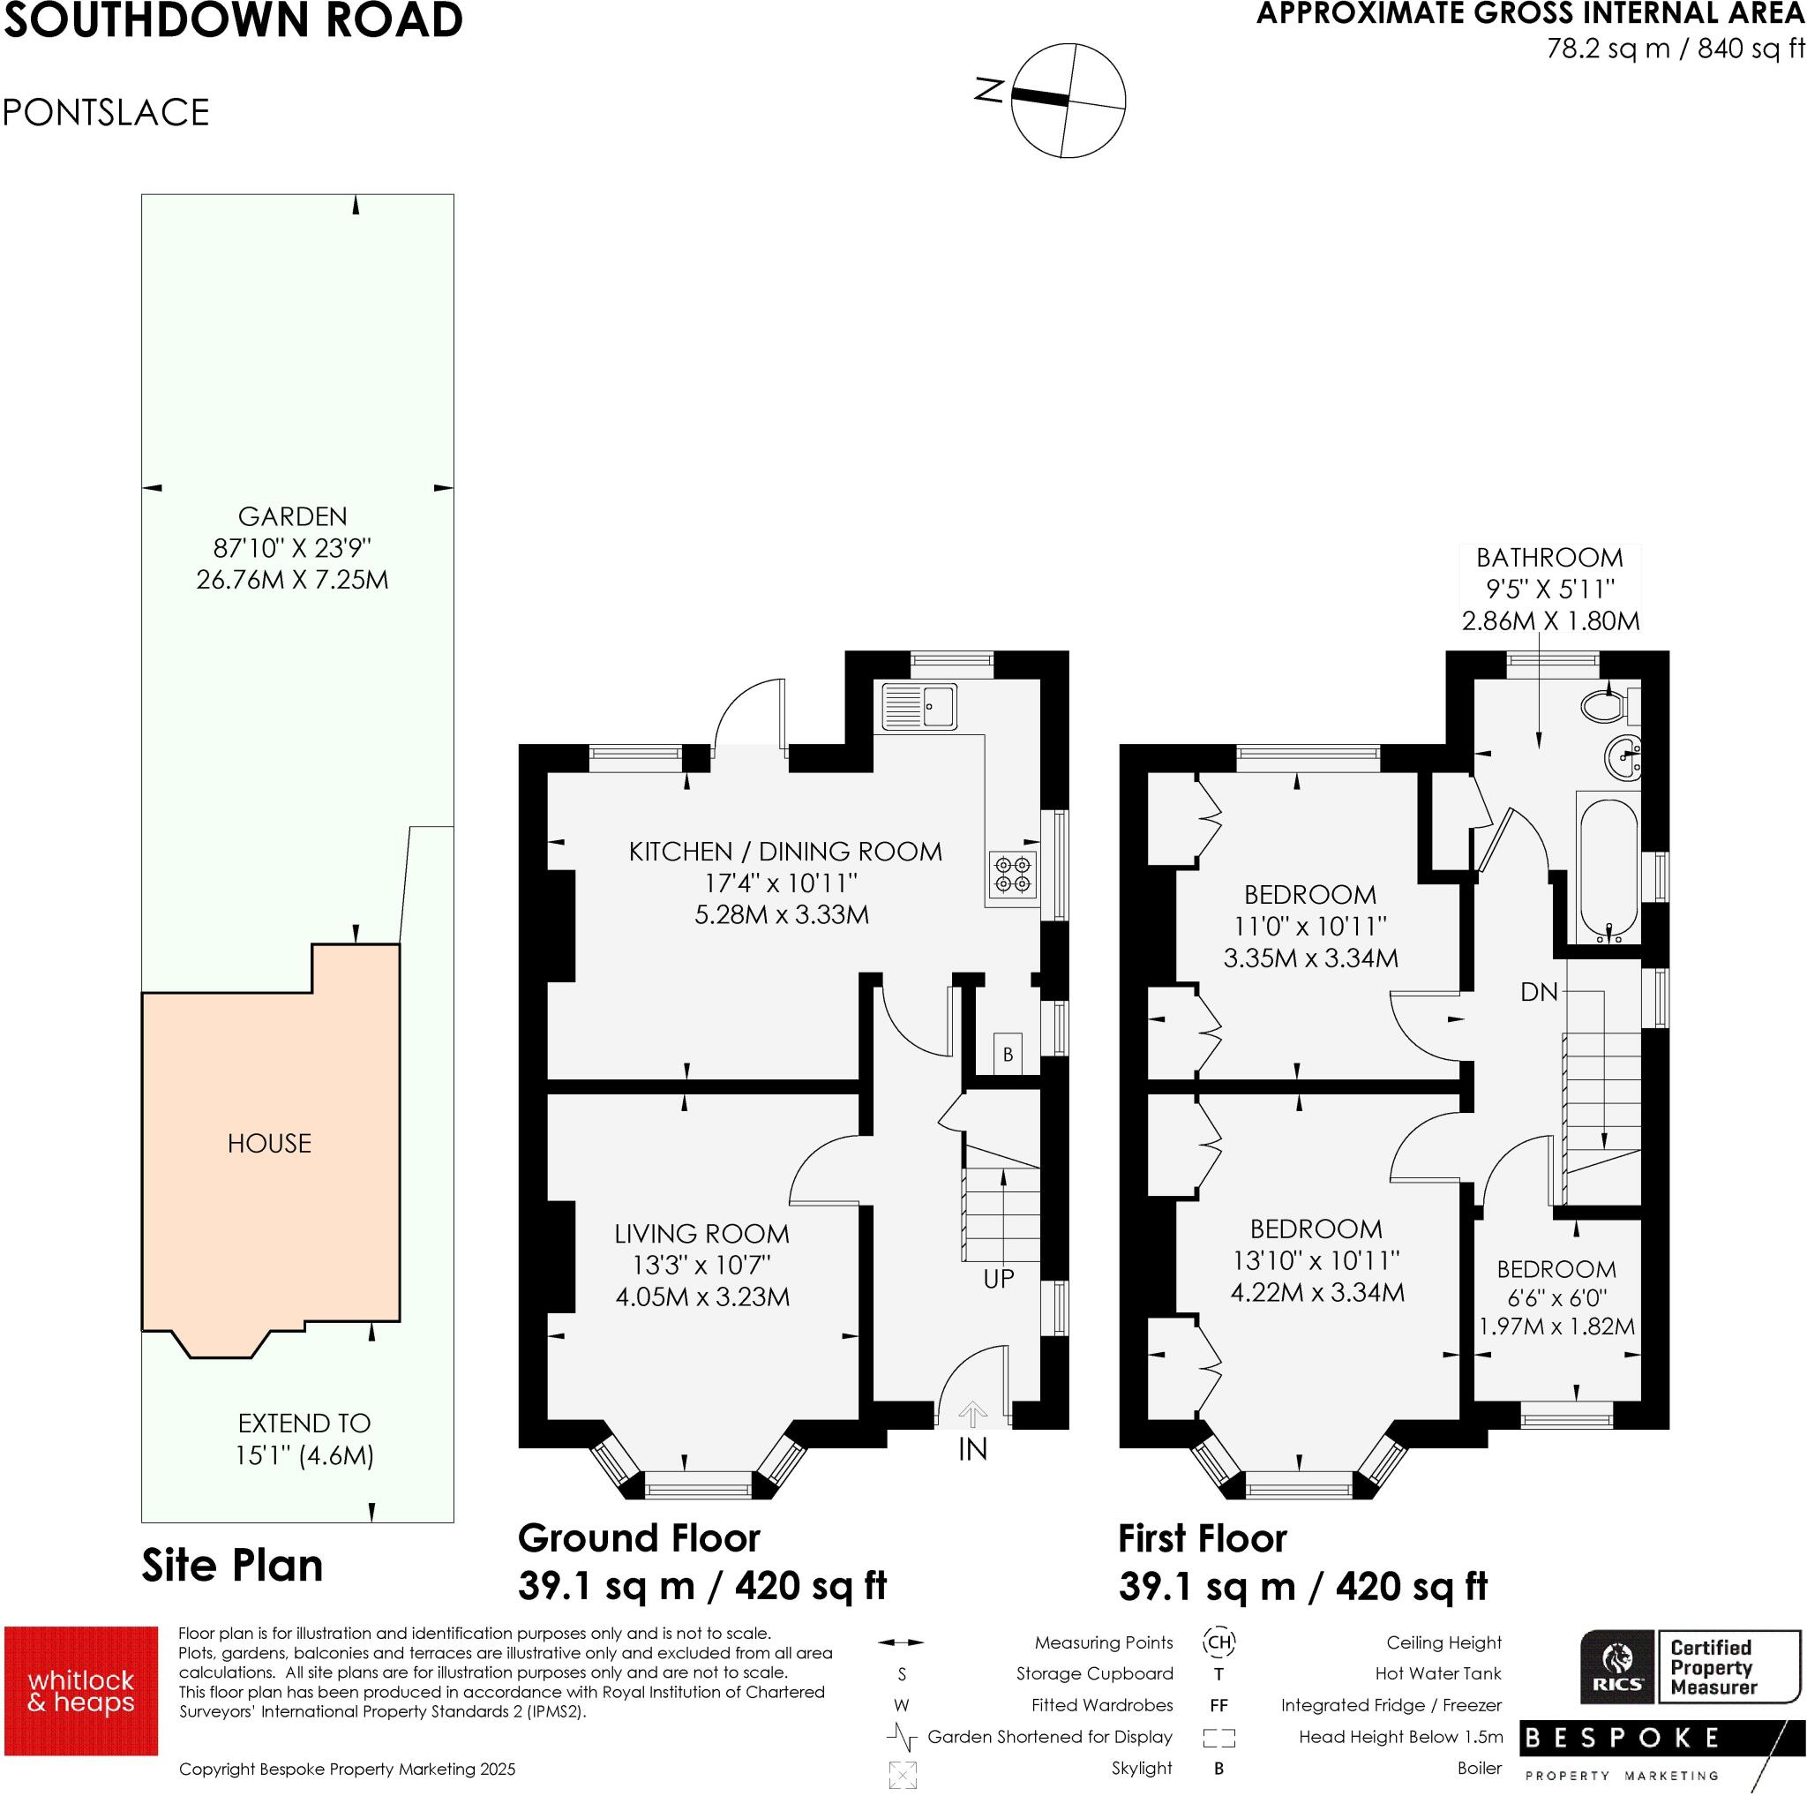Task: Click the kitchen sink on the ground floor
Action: click(x=918, y=705)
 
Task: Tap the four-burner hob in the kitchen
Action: click(x=1013, y=874)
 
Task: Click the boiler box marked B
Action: click(x=1008, y=1055)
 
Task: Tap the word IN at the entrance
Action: click(x=972, y=1450)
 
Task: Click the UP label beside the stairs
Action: click(x=999, y=1279)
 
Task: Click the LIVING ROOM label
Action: click(x=701, y=1234)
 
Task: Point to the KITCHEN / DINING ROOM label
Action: click(x=784, y=852)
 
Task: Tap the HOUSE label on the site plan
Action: click(x=269, y=1143)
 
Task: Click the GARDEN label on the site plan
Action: click(x=292, y=516)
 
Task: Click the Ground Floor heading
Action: click(x=639, y=1539)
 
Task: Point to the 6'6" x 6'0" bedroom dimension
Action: click(x=1556, y=1298)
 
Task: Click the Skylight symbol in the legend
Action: click(x=903, y=1775)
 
